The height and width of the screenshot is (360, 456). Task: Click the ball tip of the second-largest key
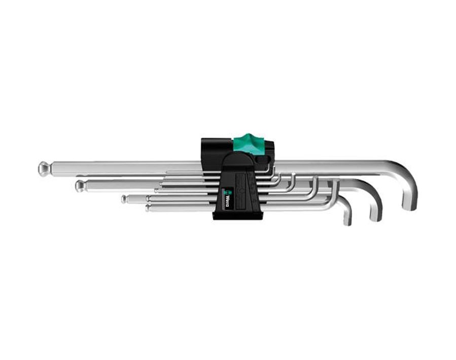80,186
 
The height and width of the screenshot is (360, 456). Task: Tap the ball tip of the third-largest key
124,199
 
